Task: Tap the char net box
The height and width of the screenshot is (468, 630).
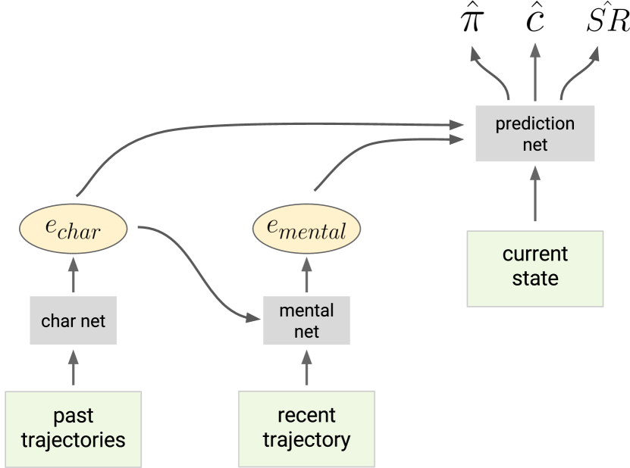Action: pyautogui.click(x=73, y=320)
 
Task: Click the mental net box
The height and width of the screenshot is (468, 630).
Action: pyautogui.click(x=306, y=320)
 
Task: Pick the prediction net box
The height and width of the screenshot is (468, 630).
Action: pyautogui.click(x=534, y=133)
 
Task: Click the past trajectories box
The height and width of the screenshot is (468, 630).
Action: pyautogui.click(x=73, y=428)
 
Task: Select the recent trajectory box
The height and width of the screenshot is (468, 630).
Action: pyautogui.click(x=306, y=428)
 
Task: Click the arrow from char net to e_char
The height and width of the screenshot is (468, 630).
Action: pyautogui.click(x=73, y=275)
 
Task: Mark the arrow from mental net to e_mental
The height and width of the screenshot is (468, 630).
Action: pyautogui.click(x=306, y=275)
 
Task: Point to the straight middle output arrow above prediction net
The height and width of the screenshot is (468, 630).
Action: pyautogui.click(x=534, y=72)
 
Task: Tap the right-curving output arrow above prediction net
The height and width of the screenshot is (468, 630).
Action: pyautogui.click(x=578, y=72)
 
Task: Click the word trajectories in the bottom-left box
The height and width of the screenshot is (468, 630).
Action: pyautogui.click(x=73, y=440)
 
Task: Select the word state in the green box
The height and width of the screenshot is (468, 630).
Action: pyautogui.click(x=534, y=278)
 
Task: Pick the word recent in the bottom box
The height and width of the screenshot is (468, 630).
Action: pyautogui.click(x=306, y=415)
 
